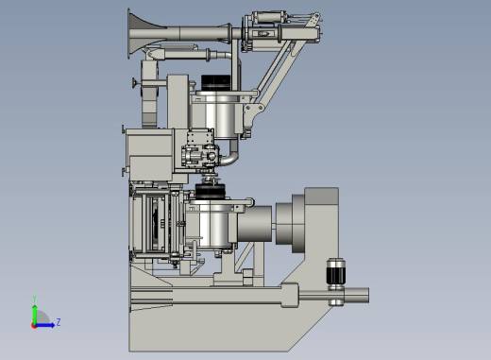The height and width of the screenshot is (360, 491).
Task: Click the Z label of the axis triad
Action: (x=59, y=322)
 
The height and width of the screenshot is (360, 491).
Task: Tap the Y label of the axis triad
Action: (x=35, y=299)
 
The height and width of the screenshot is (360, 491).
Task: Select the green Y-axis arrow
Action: (x=35, y=314)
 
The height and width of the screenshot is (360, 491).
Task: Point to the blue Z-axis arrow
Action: (x=45, y=325)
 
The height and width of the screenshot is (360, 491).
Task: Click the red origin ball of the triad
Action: (x=34, y=326)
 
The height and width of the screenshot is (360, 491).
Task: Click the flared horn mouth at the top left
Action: (x=139, y=33)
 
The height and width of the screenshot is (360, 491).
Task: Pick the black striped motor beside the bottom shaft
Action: (x=336, y=271)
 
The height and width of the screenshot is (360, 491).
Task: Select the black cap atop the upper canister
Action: (x=216, y=83)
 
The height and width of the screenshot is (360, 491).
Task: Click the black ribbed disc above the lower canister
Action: (x=211, y=192)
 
